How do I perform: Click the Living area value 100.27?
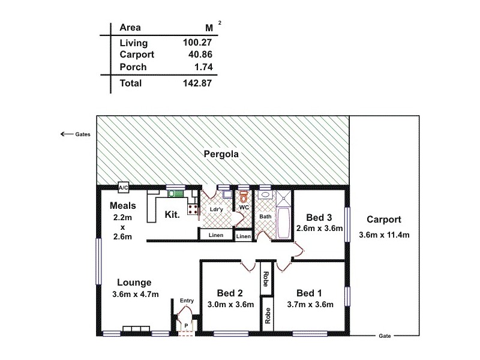point(197,43)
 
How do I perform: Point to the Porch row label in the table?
point(133,67)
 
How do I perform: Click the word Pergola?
point(221,154)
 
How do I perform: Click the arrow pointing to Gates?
point(67,134)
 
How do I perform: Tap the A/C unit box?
point(124,188)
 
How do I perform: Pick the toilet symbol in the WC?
point(244,196)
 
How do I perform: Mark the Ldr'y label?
point(216,209)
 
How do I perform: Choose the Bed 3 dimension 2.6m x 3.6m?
point(319,228)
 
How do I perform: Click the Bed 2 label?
point(230,293)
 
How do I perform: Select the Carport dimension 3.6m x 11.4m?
point(384,235)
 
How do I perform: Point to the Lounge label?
point(134,283)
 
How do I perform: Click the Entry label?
point(187,301)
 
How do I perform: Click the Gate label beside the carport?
point(385,336)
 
